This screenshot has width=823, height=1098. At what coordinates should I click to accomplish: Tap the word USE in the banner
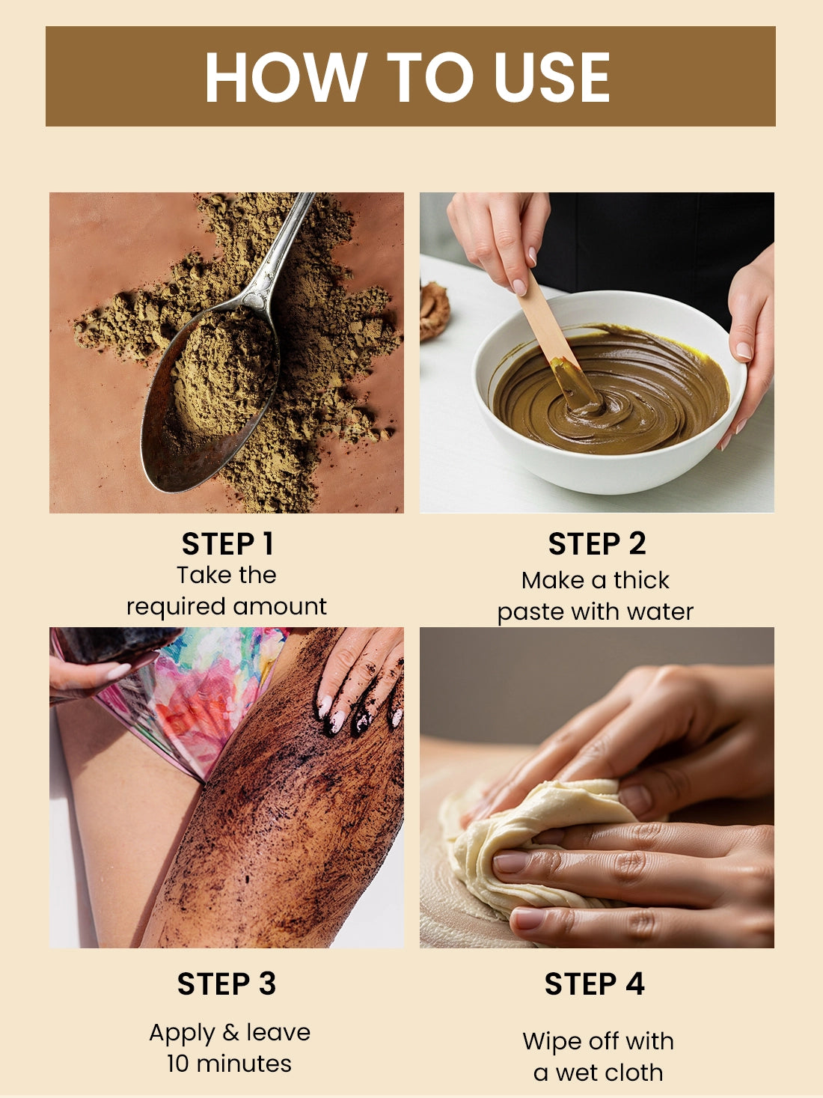point(552,76)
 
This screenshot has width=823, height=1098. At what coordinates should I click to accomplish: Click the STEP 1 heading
point(227,543)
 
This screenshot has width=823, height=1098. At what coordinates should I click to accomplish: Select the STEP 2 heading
point(597,543)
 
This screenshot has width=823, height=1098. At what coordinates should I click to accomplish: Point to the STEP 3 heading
point(227,984)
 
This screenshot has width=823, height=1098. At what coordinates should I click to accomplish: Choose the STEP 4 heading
point(595,984)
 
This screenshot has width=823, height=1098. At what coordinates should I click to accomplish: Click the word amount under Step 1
point(280,606)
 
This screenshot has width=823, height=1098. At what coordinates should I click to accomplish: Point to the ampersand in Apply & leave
point(230,1032)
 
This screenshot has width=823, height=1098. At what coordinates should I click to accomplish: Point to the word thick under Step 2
point(641,580)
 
